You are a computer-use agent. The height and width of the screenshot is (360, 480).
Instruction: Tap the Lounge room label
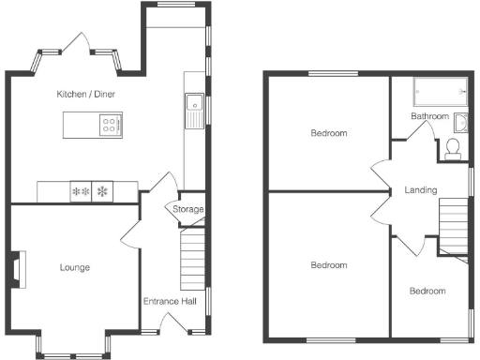tap(74, 268)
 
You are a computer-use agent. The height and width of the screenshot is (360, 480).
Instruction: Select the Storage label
tap(187, 209)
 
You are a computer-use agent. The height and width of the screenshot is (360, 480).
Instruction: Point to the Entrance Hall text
tap(169, 302)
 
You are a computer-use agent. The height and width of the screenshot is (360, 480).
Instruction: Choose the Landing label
tap(420, 190)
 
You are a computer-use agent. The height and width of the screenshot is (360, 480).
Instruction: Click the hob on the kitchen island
tap(110, 123)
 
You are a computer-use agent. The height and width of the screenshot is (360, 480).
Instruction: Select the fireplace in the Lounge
tap(18, 267)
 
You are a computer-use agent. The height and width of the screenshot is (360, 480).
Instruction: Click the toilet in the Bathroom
tap(453, 148)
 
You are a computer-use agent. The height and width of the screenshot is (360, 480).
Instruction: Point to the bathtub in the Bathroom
tap(440, 91)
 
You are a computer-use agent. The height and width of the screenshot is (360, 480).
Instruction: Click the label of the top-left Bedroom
tap(328, 133)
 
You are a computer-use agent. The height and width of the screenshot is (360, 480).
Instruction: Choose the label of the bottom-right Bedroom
tap(427, 291)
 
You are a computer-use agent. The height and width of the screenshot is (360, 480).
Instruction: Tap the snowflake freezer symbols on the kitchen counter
tap(90, 191)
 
